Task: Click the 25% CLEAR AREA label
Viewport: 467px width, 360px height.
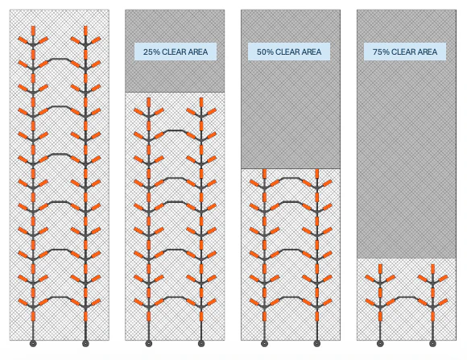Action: point(176,52)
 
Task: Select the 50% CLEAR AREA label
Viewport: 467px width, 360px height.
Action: point(289,52)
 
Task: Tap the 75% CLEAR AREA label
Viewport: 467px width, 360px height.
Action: point(405,52)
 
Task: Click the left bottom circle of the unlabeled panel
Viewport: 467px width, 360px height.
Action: point(33,344)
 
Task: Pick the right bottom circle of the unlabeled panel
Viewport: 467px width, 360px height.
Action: point(85,344)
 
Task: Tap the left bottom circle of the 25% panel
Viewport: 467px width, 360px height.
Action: point(149,344)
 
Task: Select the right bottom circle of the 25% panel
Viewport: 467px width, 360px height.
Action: point(201,344)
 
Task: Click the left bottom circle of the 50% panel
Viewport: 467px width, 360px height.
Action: point(264,344)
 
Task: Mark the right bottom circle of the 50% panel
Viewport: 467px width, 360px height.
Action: point(317,344)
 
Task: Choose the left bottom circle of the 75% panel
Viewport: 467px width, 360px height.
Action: point(380,344)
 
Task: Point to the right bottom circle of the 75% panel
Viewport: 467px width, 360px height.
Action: point(432,344)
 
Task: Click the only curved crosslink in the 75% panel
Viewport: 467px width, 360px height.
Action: point(407,297)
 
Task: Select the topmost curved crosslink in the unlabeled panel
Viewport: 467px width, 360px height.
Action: point(60,59)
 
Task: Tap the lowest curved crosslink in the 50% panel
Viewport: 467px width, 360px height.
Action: point(291,297)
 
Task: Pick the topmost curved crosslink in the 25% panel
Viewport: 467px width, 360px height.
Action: point(176,130)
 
